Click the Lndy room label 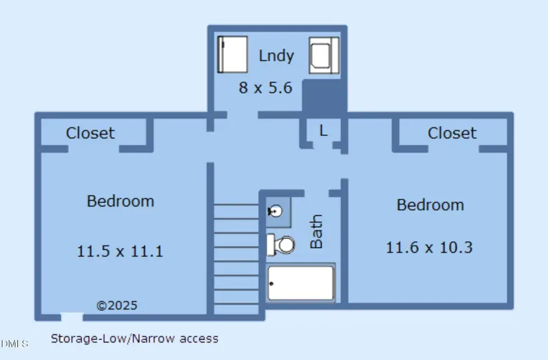pyautogui.click(x=276, y=56)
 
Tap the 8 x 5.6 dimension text pyautogui.click(x=265, y=88)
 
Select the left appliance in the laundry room pyautogui.click(x=233, y=55)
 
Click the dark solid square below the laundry pyautogui.click(x=323, y=96)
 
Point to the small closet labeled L pyautogui.click(x=323, y=130)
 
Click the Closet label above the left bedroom pyautogui.click(x=90, y=133)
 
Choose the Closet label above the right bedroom pyautogui.click(x=452, y=133)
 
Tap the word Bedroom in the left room pyautogui.click(x=120, y=201)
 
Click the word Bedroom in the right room pyautogui.click(x=430, y=205)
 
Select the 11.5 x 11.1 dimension pyautogui.click(x=120, y=250)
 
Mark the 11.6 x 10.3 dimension pyautogui.click(x=429, y=247)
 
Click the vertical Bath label pyautogui.click(x=317, y=231)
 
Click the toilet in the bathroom pyautogui.click(x=281, y=245)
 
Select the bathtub pyautogui.click(x=301, y=283)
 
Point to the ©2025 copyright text pyautogui.click(x=118, y=305)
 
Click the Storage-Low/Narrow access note pyautogui.click(x=134, y=338)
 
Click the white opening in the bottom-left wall pyautogui.click(x=71, y=316)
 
